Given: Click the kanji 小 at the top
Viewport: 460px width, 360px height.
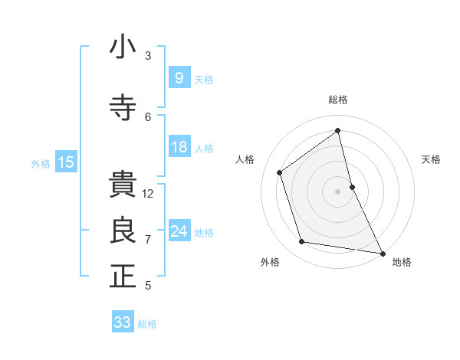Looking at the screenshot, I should [123, 47].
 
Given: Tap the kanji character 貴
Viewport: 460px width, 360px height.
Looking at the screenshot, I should [123, 185].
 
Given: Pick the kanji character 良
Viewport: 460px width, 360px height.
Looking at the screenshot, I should [123, 231].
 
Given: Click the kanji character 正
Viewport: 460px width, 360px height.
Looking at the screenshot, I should [123, 277].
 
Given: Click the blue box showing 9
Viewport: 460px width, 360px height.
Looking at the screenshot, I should [179, 77].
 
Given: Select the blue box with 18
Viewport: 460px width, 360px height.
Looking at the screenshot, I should [179, 147].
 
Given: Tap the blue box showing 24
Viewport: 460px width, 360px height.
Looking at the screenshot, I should [179, 231].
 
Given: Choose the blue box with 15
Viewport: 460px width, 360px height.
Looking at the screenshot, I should [65, 162].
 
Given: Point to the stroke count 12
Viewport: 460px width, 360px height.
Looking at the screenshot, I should [149, 194].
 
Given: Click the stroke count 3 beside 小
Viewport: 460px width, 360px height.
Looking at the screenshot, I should [148, 55].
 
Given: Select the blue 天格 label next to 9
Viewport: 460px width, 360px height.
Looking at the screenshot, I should [204, 79].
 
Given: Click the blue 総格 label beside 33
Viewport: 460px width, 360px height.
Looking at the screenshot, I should [147, 324].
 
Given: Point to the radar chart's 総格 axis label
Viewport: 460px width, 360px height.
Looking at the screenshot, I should [338, 100].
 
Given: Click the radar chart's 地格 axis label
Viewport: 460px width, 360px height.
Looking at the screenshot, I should [402, 262].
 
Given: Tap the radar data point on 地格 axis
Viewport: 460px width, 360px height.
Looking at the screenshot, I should [382, 252].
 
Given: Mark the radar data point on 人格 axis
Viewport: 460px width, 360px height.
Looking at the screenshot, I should [280, 172].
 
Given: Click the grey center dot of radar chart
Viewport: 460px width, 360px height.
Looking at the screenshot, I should [338, 191].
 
